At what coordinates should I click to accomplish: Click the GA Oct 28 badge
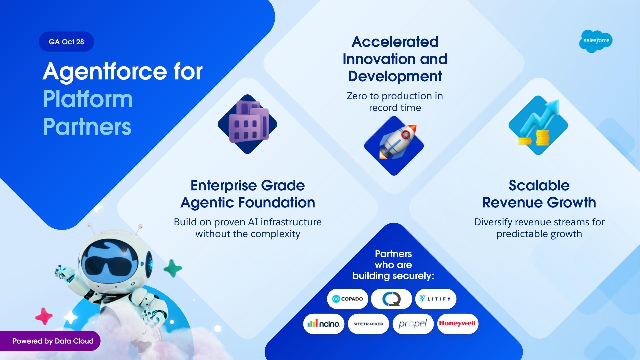66,42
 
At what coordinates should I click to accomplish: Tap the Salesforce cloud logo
596,41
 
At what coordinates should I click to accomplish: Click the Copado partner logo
348,299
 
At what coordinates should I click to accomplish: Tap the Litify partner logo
436,299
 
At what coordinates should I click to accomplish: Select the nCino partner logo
324,324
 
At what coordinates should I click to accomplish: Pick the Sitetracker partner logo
368,324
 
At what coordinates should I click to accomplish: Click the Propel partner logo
413,324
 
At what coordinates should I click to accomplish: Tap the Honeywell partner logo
458,324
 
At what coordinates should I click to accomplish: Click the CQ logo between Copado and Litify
392,299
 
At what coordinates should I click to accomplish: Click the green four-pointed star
173,268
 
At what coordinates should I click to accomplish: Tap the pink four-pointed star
44,316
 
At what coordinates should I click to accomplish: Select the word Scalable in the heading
539,185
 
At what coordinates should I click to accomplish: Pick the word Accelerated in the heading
395,42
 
